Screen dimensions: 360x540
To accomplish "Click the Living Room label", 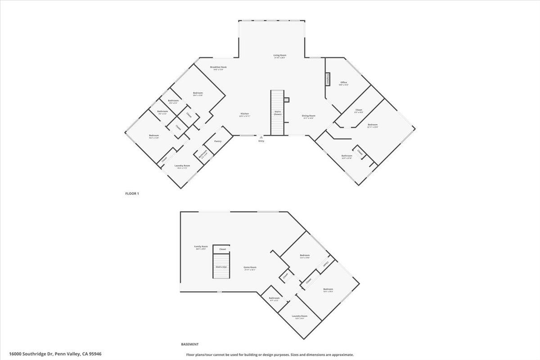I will [279, 55].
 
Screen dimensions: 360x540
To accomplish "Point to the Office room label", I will [343, 83].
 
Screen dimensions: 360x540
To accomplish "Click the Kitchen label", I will [244, 114].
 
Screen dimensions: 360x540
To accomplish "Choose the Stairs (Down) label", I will [278, 113].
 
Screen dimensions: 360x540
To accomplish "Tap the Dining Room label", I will [308, 116].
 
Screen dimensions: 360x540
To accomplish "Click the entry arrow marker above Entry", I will [261, 137].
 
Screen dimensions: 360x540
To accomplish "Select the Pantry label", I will [218, 141].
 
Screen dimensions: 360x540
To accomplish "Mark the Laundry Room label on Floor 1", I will [182, 166].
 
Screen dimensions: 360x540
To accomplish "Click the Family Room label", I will [201, 247].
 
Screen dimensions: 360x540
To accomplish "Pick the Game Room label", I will [250, 267].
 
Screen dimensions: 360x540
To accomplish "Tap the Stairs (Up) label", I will [221, 267].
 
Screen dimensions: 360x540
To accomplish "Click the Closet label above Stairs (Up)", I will [222, 249].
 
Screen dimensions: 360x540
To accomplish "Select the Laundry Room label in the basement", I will [299, 316].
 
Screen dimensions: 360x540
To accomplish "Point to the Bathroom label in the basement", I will [274, 298].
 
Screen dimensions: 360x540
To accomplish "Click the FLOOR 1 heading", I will [132, 193].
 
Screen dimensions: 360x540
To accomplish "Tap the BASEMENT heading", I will [190, 344].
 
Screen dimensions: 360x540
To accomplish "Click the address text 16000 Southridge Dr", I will [29, 354].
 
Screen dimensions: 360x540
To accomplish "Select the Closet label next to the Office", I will [359, 110].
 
